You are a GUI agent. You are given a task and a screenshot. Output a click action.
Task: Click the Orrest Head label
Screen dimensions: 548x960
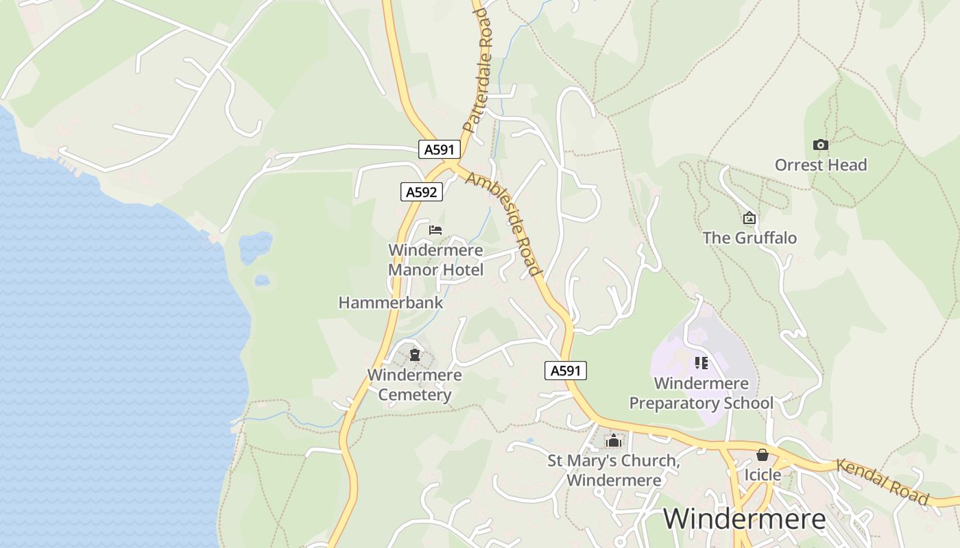pyautogui.click(x=820, y=165)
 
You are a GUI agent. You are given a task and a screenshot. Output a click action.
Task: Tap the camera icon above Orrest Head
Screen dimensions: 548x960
pyautogui.click(x=820, y=145)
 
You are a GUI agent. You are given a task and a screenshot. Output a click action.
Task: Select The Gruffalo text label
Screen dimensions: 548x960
pyautogui.click(x=749, y=238)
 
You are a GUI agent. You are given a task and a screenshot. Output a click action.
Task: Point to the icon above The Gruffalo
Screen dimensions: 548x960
pyautogui.click(x=749, y=219)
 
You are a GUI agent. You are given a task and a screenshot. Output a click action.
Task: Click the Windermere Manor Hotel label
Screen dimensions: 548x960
pyautogui.click(x=435, y=260)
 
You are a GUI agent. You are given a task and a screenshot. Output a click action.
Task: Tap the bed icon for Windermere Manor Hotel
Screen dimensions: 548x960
pyautogui.click(x=435, y=230)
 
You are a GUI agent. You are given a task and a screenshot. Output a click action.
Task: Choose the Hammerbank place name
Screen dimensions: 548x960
pyautogui.click(x=390, y=302)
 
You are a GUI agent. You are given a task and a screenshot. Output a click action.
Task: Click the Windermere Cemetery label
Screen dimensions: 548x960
pyautogui.click(x=414, y=385)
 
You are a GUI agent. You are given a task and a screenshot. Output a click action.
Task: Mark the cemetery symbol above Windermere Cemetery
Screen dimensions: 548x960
pyautogui.click(x=414, y=355)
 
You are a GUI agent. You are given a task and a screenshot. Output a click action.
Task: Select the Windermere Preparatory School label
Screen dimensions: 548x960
pyautogui.click(x=701, y=393)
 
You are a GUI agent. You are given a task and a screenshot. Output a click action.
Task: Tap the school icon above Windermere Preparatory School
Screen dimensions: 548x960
pyautogui.click(x=701, y=362)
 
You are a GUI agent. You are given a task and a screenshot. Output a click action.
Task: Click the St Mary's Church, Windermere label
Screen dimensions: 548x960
pyautogui.click(x=613, y=470)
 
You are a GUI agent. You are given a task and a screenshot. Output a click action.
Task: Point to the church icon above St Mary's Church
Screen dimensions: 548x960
pyautogui.click(x=613, y=440)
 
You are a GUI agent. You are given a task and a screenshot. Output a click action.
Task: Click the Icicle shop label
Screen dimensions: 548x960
pyautogui.click(x=763, y=475)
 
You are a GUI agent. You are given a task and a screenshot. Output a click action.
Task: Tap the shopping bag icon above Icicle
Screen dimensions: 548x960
pyautogui.click(x=763, y=455)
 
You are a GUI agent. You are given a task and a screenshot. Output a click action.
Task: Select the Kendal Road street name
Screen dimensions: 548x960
pyautogui.click(x=882, y=482)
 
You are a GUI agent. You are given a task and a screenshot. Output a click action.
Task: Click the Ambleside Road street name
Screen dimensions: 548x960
pyautogui.click(x=503, y=223)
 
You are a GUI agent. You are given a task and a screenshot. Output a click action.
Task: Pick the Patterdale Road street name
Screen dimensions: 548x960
pyautogui.click(x=478, y=70)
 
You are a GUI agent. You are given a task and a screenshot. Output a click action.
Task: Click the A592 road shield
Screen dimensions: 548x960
pyautogui.click(x=421, y=192)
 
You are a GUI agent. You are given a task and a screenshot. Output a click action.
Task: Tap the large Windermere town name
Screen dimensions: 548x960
pyautogui.click(x=744, y=519)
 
